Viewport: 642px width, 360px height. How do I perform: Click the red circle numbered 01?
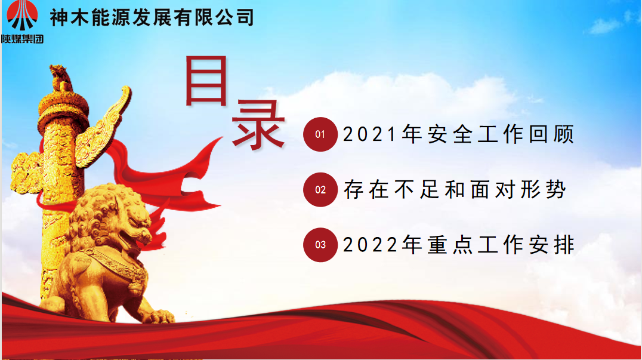pyautogui.click(x=320, y=134)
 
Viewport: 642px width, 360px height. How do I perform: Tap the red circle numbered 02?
pyautogui.click(x=320, y=190)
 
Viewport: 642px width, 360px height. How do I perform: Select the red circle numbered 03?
pyautogui.click(x=320, y=245)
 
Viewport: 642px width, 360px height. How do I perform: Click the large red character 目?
pyautogui.click(x=206, y=81)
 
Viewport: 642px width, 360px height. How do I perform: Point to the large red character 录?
pyautogui.click(x=258, y=125)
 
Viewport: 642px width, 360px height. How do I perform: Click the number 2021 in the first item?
pyautogui.click(x=370, y=134)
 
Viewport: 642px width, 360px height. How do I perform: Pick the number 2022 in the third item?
pyautogui.click(x=370, y=245)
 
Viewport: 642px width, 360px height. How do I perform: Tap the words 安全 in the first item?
pyautogui.click(x=450, y=134)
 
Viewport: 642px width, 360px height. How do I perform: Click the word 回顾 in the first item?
pyautogui.click(x=551, y=134)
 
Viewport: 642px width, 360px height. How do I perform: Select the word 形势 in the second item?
pyautogui.click(x=544, y=190)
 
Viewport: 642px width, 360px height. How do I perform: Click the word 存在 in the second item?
pyautogui.click(x=366, y=190)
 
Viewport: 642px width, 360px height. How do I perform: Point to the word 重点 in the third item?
pyautogui.click(x=450, y=245)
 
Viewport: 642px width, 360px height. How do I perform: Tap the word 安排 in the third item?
pyautogui.click(x=551, y=245)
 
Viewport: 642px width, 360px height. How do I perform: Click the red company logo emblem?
pyautogui.click(x=22, y=16)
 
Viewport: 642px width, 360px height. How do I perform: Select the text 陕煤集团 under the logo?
pyautogui.click(x=22, y=39)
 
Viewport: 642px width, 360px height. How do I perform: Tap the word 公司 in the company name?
pyautogui.click(x=235, y=18)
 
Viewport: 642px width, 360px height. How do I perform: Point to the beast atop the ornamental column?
pyautogui.click(x=61, y=78)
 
